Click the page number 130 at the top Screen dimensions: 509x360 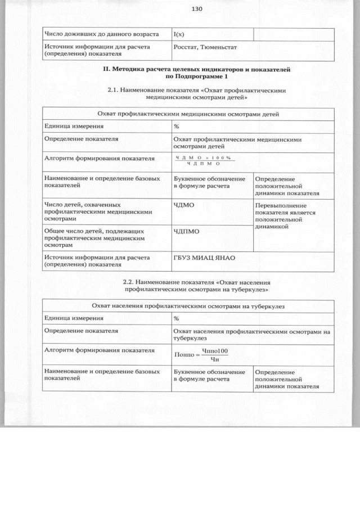point(196,9)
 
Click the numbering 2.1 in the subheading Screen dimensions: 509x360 point(112,89)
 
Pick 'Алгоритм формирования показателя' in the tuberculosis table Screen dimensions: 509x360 point(99,350)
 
